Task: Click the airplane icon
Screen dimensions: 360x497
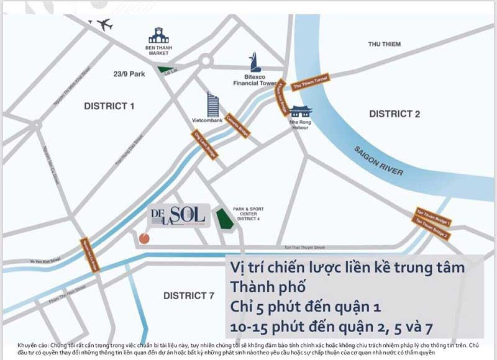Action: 104,25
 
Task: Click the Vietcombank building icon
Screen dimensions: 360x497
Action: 214,103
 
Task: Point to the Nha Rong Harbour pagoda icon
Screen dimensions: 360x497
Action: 301,112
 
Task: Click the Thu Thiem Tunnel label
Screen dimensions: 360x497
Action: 309,83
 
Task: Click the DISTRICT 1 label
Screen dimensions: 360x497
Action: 109,106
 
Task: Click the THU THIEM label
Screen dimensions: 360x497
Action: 384,44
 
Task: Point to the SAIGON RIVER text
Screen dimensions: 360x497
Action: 378,160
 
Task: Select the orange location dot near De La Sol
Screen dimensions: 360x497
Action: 144,238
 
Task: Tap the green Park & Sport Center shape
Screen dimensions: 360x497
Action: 222,219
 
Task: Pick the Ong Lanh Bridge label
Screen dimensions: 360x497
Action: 205,145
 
